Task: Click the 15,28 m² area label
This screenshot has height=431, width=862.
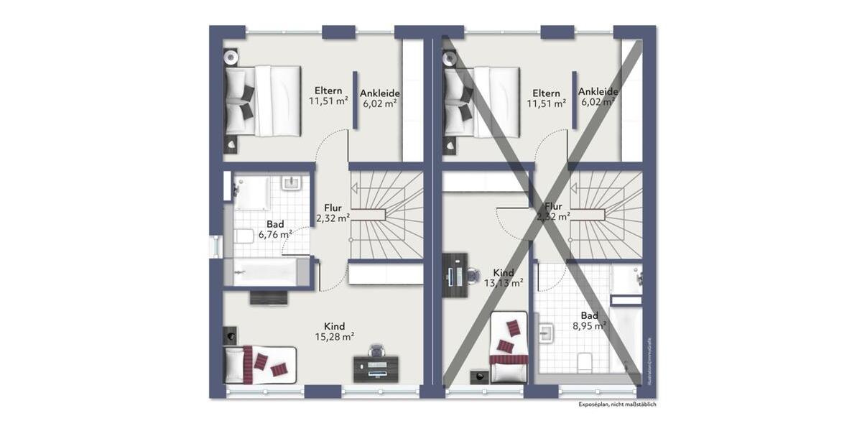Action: pos(335,336)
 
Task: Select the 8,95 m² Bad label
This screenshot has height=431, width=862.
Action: pos(590,325)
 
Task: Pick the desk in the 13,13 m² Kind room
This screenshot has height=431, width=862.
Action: pos(455,274)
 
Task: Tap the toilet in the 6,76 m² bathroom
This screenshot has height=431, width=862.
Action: pos(243,236)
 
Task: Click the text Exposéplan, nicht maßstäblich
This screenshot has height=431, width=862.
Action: pos(617,404)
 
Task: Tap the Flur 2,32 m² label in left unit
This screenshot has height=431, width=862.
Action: pos(333,213)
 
